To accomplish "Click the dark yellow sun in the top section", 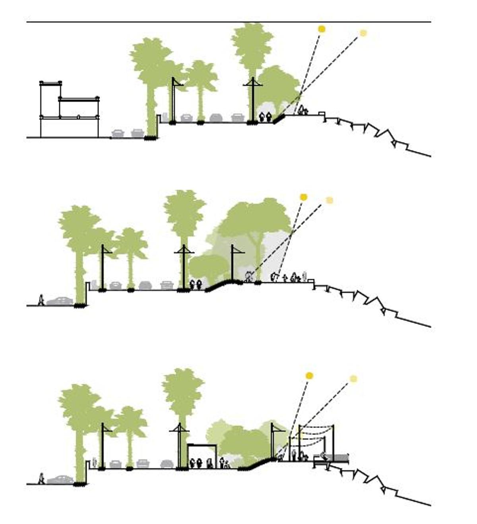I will (x=322, y=29).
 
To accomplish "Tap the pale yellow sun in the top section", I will (x=363, y=33).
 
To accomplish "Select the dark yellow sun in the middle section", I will (x=304, y=197).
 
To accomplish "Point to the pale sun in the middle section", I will (x=329, y=200).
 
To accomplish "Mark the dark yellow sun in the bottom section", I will (x=309, y=376).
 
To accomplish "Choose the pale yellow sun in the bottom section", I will (x=353, y=379).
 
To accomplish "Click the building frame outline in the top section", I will (x=69, y=108).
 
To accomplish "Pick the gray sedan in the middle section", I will (x=60, y=301).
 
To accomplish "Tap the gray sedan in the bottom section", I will (x=60, y=480).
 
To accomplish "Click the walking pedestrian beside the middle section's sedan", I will (x=41, y=300).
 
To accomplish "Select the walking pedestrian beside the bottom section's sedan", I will (x=41, y=479).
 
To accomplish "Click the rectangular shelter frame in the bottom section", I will (x=202, y=456).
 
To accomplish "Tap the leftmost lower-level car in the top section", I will (x=118, y=134).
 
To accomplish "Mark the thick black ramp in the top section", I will (x=279, y=118).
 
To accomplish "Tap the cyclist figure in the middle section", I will (x=249, y=277).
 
